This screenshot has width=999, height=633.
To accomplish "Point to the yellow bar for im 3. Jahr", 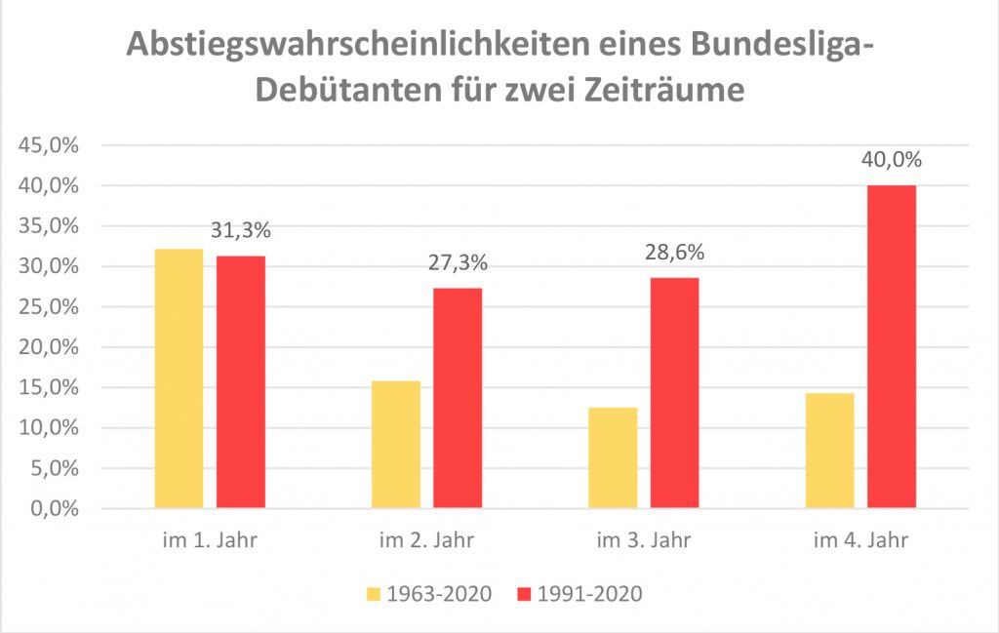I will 614,457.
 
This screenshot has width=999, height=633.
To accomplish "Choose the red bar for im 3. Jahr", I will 675,393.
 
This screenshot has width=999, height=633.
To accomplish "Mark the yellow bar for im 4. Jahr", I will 830,450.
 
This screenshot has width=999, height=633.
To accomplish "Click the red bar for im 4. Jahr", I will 892,346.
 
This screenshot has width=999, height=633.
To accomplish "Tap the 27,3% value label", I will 458,264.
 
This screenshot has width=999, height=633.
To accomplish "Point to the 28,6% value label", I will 675,254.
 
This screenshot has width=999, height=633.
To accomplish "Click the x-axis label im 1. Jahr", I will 210,540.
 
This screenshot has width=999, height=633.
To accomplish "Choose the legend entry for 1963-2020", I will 430,594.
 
